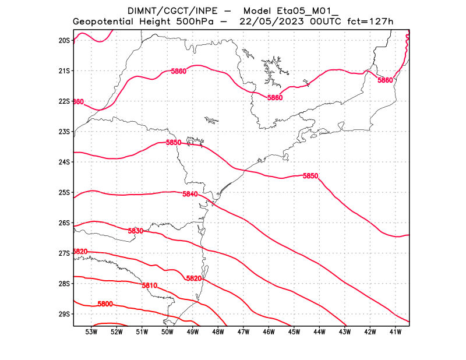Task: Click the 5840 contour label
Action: point(190,194)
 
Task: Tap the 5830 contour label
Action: point(135,231)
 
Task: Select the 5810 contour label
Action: point(150,285)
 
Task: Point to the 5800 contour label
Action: point(105,304)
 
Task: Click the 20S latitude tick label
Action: point(64,40)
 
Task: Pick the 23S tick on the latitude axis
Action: point(64,132)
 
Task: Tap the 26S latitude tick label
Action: point(64,223)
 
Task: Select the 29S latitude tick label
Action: point(64,314)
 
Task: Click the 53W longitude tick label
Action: point(91,332)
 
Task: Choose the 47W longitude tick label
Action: point(243,332)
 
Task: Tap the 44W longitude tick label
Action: point(319,332)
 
